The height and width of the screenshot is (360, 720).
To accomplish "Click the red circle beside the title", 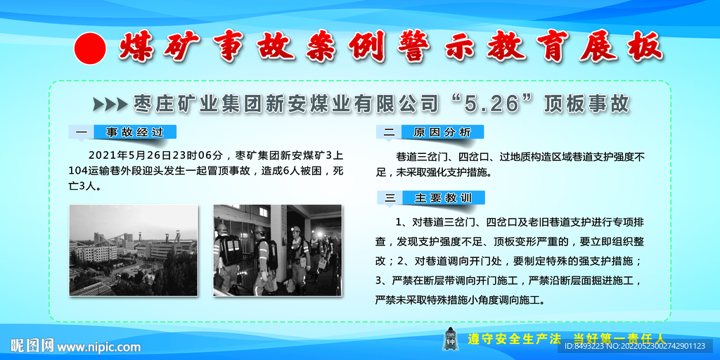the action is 90,49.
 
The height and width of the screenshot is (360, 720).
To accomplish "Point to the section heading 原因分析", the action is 442,132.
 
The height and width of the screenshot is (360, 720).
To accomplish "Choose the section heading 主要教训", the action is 443,198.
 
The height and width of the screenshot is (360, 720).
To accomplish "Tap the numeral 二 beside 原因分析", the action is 389,133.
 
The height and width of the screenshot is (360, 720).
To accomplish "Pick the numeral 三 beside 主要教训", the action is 390,198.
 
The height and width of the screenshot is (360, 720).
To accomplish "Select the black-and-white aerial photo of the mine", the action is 133,250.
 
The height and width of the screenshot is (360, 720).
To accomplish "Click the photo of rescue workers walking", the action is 278,250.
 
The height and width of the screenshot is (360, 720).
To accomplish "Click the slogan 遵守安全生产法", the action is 514,340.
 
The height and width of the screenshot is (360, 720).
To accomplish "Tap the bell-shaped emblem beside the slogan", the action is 450,339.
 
